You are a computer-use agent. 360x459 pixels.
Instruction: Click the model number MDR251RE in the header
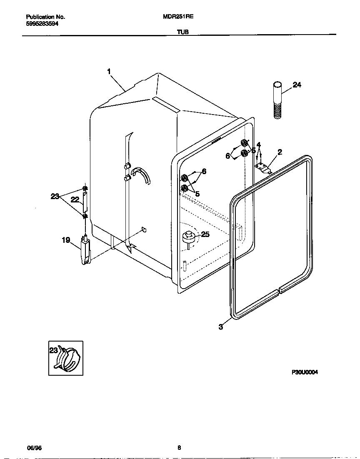coord(178,17)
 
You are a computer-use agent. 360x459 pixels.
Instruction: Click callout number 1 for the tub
coord(109,72)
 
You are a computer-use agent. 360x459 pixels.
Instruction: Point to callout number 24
coord(297,85)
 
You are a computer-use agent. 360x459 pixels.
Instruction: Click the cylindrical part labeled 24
coord(278,100)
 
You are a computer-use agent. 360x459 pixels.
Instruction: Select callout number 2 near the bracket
coord(280,152)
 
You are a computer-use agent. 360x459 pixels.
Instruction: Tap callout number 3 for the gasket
coord(220,327)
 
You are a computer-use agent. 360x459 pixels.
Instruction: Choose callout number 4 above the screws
coord(259,145)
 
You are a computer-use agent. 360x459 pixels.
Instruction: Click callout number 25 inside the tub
coord(205,234)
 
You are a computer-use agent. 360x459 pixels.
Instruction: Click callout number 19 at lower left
coord(66,240)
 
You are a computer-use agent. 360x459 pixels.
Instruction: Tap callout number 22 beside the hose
coord(75,200)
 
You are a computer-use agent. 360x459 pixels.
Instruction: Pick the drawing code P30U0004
coord(305,373)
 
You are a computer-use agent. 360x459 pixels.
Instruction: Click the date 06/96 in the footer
coord(34,448)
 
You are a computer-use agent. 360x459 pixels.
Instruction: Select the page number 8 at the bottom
coord(179,448)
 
